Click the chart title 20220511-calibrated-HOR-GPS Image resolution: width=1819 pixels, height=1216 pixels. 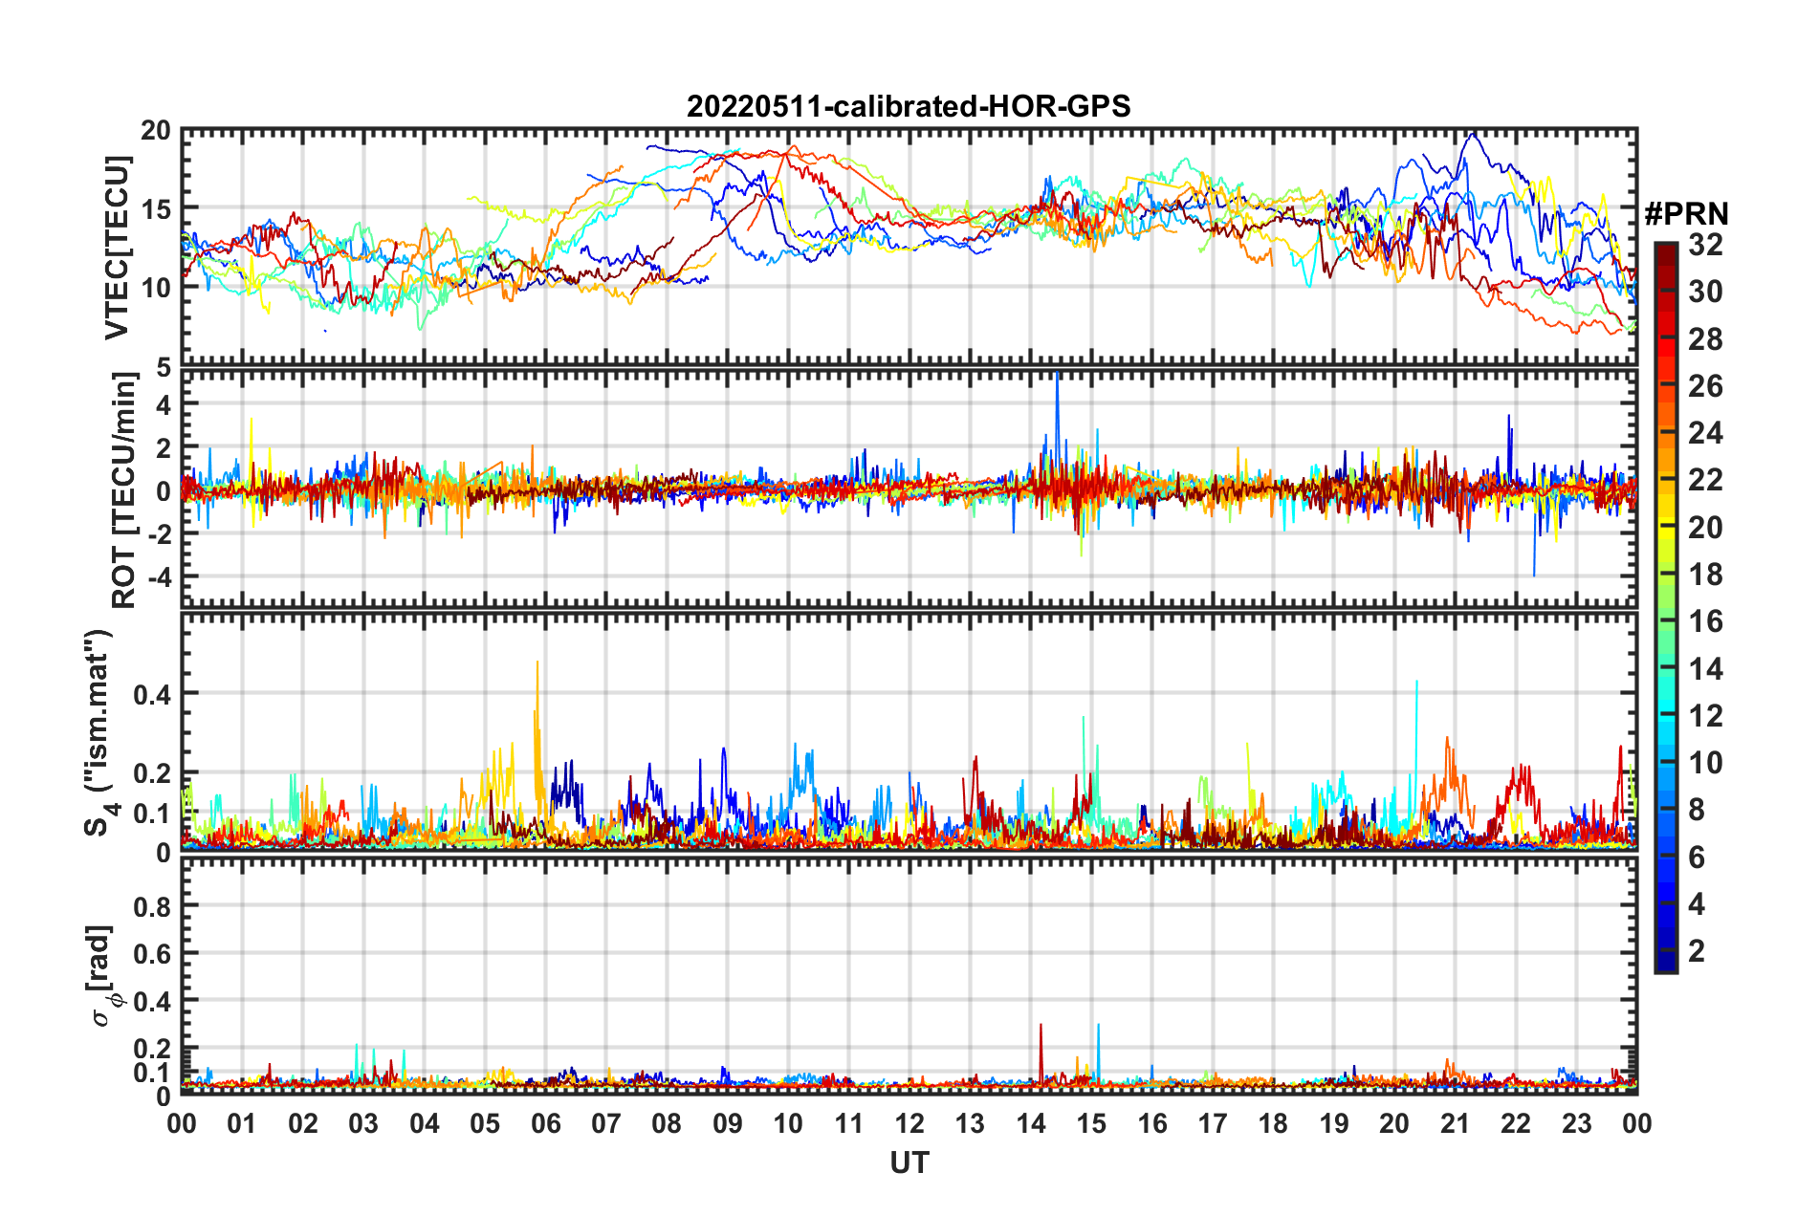click(x=909, y=106)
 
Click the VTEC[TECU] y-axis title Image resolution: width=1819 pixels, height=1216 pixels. click(x=117, y=248)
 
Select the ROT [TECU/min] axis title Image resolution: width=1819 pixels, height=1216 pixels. click(x=124, y=490)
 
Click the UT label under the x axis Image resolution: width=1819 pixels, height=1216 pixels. click(x=909, y=1162)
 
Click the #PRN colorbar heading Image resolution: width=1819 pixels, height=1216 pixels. click(x=1686, y=214)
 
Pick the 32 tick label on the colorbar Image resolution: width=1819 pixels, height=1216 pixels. click(x=1705, y=246)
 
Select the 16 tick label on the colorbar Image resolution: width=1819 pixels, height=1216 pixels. click(x=1705, y=622)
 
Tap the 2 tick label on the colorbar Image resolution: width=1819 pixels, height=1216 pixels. click(x=1698, y=951)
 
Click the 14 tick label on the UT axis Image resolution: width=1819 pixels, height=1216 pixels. click(x=1031, y=1123)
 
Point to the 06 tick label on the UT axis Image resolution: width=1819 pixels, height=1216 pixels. click(x=546, y=1123)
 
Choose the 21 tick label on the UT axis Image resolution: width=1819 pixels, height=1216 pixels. click(x=1455, y=1123)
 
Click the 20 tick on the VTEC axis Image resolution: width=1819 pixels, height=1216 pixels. click(x=157, y=131)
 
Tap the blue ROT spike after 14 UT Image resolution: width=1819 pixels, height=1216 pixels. click(x=1057, y=378)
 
